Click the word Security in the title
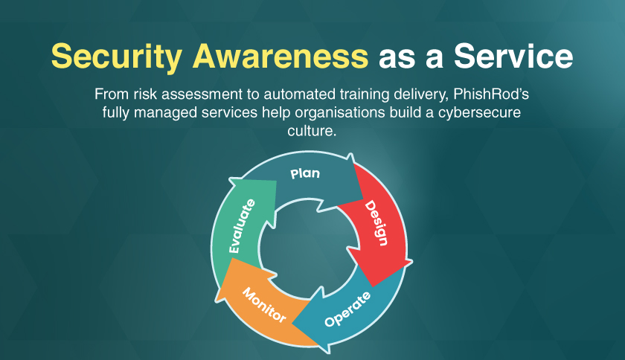(x=116, y=57)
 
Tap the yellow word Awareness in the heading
(x=281, y=56)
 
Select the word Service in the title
(x=513, y=56)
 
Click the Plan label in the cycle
(x=305, y=173)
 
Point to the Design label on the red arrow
(x=376, y=223)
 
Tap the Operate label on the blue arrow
(x=347, y=309)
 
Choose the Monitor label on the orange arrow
(x=264, y=305)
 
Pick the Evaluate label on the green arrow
(x=242, y=226)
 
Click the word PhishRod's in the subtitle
(x=491, y=94)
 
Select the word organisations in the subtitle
(x=340, y=113)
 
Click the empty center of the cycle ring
(x=309, y=249)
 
